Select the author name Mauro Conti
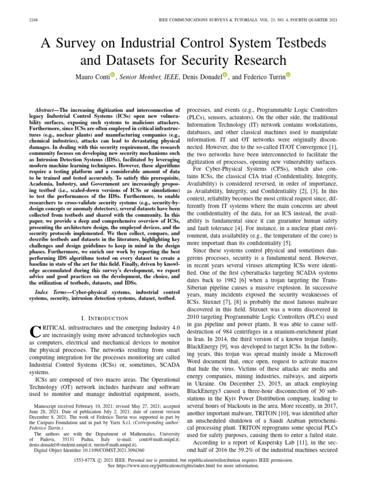pyautogui.click(x=92, y=76)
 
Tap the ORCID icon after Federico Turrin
pyautogui.click(x=288, y=75)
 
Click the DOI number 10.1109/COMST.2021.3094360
pyautogui.click(x=116, y=450)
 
